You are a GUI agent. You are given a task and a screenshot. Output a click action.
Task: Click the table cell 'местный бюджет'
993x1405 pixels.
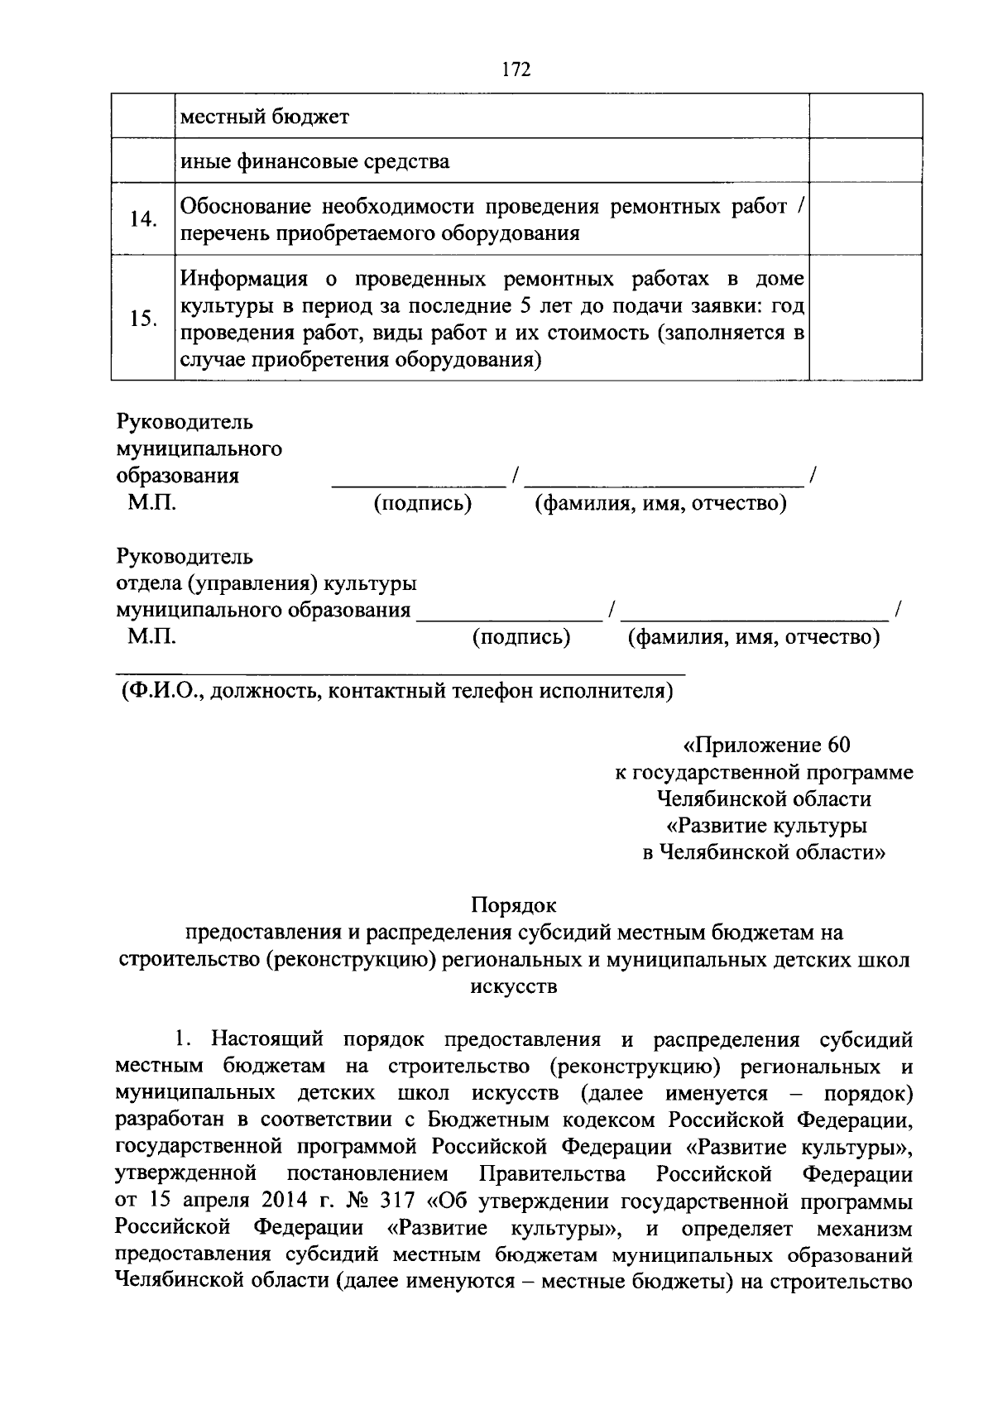[265, 117]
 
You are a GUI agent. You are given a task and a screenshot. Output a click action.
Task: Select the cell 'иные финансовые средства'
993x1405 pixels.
[314, 161]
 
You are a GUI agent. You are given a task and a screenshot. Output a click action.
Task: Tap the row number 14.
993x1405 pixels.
[143, 219]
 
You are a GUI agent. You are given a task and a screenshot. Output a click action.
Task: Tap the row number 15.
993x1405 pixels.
[143, 319]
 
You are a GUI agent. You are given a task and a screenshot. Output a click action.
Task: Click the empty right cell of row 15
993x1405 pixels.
[865, 319]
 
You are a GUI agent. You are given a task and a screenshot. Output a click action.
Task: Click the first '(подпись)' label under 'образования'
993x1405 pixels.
[422, 503]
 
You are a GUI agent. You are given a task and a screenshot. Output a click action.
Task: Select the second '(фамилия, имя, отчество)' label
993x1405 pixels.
[753, 637]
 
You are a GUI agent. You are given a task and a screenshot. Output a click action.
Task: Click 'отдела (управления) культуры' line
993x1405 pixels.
[266, 583]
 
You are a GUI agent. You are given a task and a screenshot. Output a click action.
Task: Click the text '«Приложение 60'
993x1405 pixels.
[765, 745]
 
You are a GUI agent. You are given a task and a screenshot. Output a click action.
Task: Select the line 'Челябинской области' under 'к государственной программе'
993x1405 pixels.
[764, 798]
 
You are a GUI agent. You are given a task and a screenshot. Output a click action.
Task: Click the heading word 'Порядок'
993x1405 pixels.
[514, 904]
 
